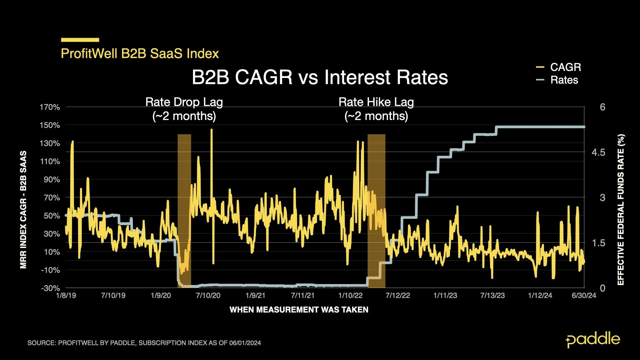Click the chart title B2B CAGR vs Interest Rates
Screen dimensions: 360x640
click(320, 77)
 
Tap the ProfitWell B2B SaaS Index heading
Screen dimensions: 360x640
click(140, 54)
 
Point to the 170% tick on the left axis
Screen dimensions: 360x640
click(50, 107)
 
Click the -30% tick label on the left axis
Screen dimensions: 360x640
click(50, 288)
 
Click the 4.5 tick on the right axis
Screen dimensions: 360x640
click(598, 152)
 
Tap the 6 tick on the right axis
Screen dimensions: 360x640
click(602, 107)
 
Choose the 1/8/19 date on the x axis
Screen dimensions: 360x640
click(66, 296)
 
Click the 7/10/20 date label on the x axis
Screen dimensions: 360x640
click(208, 296)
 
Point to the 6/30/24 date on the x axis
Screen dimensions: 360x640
click(584, 296)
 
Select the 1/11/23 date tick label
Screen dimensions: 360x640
click(445, 296)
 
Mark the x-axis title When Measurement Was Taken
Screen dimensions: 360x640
click(299, 310)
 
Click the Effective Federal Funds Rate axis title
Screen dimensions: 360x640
click(621, 210)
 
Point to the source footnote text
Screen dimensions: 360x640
click(144, 343)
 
